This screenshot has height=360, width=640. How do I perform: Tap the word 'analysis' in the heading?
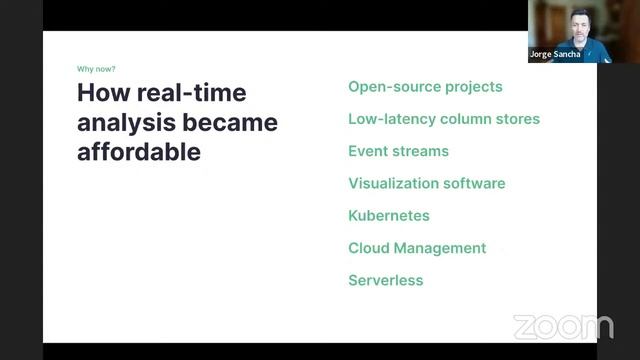pos(122,123)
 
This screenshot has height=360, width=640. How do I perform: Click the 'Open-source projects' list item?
pos(425,87)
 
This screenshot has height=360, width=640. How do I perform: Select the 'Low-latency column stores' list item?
pos(443,119)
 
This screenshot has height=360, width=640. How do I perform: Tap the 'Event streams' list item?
pos(398,151)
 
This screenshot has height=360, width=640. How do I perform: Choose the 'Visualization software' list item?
pos(426,183)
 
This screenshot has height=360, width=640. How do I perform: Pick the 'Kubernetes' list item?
pos(388,215)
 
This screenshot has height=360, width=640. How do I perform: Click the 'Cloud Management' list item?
pos(417,248)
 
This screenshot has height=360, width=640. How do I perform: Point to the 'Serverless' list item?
pos(385,280)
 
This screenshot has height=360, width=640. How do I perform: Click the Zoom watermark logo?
pos(562,326)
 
